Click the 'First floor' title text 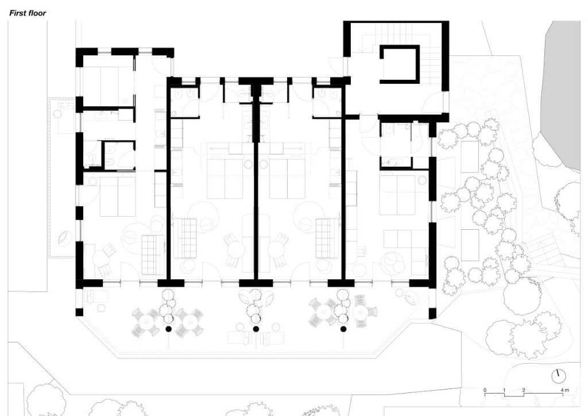[28, 13]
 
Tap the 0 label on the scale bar [485, 390]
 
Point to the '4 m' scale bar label [565, 390]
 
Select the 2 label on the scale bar [524, 390]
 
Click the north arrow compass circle [558, 376]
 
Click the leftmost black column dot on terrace [168, 329]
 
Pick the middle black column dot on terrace [256, 329]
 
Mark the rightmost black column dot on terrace [343, 329]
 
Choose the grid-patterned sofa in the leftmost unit [153, 255]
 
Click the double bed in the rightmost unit [397, 195]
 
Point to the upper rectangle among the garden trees [470, 157]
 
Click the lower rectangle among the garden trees [470, 245]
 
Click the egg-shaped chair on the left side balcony [64, 237]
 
